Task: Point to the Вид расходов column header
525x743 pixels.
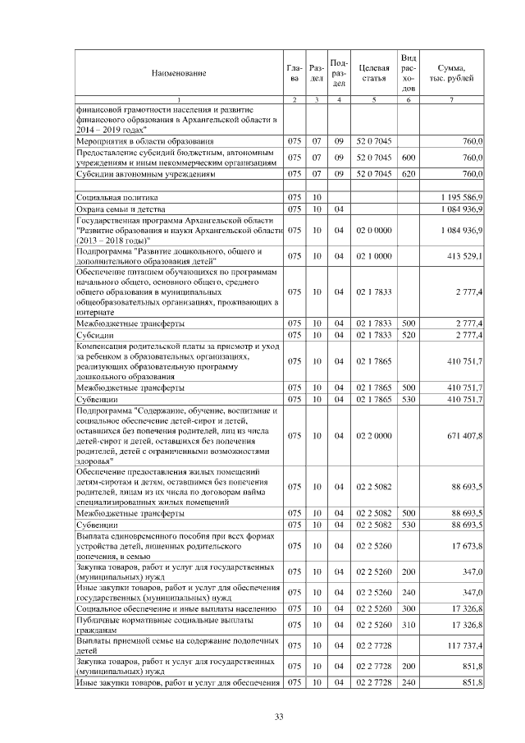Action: click(408, 72)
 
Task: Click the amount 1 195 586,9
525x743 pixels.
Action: click(462, 198)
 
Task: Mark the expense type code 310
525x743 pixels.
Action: click(408, 626)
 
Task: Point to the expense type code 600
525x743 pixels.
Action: click(408, 158)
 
